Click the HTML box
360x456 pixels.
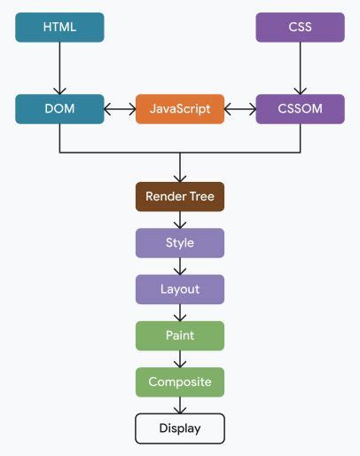pyautogui.click(x=59, y=28)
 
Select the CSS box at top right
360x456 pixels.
pyautogui.click(x=300, y=28)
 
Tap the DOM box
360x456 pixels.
pyautogui.click(x=59, y=109)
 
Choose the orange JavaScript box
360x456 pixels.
pyautogui.click(x=180, y=109)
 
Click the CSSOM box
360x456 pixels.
pyautogui.click(x=300, y=109)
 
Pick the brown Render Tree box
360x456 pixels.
pyautogui.click(x=180, y=196)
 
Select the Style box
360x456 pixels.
pyautogui.click(x=180, y=243)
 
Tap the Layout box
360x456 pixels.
pyautogui.click(x=180, y=289)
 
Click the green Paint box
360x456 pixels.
pyautogui.click(x=180, y=336)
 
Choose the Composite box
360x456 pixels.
pyautogui.click(x=180, y=382)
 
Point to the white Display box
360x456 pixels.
pyautogui.click(x=180, y=428)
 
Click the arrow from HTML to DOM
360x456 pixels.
pyautogui.click(x=59, y=68)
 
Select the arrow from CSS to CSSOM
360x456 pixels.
pyautogui.click(x=300, y=68)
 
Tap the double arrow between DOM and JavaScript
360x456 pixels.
pyautogui.click(x=120, y=109)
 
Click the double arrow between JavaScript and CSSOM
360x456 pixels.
pyautogui.click(x=239, y=109)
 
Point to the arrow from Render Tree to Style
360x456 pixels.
pyautogui.click(x=180, y=220)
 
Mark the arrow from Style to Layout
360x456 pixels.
pyautogui.click(x=180, y=266)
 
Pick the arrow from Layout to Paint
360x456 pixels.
pyautogui.click(x=180, y=313)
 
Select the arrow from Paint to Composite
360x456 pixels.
pyautogui.click(x=180, y=359)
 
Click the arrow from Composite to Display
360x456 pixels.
pyautogui.click(x=180, y=405)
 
